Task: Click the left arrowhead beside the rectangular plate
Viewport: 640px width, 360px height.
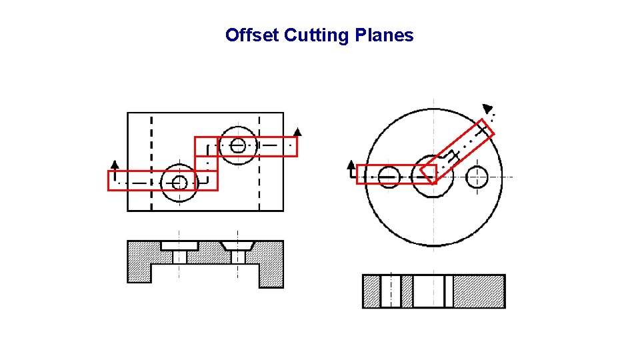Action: pos(115,164)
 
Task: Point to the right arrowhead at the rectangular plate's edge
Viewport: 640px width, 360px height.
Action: pos(297,131)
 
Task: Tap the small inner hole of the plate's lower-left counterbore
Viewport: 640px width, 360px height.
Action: pos(179,182)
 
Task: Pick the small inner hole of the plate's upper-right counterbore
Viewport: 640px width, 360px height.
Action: pos(238,145)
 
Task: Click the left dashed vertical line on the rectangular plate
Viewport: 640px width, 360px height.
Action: pos(152,160)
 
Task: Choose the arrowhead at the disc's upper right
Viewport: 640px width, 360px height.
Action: pos(488,108)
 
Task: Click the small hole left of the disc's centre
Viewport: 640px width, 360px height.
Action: pos(389,177)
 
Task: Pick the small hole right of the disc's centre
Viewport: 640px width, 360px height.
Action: pos(477,177)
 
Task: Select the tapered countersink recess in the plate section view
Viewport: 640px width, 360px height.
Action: pos(238,245)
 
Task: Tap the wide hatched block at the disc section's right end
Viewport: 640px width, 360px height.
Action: pos(479,291)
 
